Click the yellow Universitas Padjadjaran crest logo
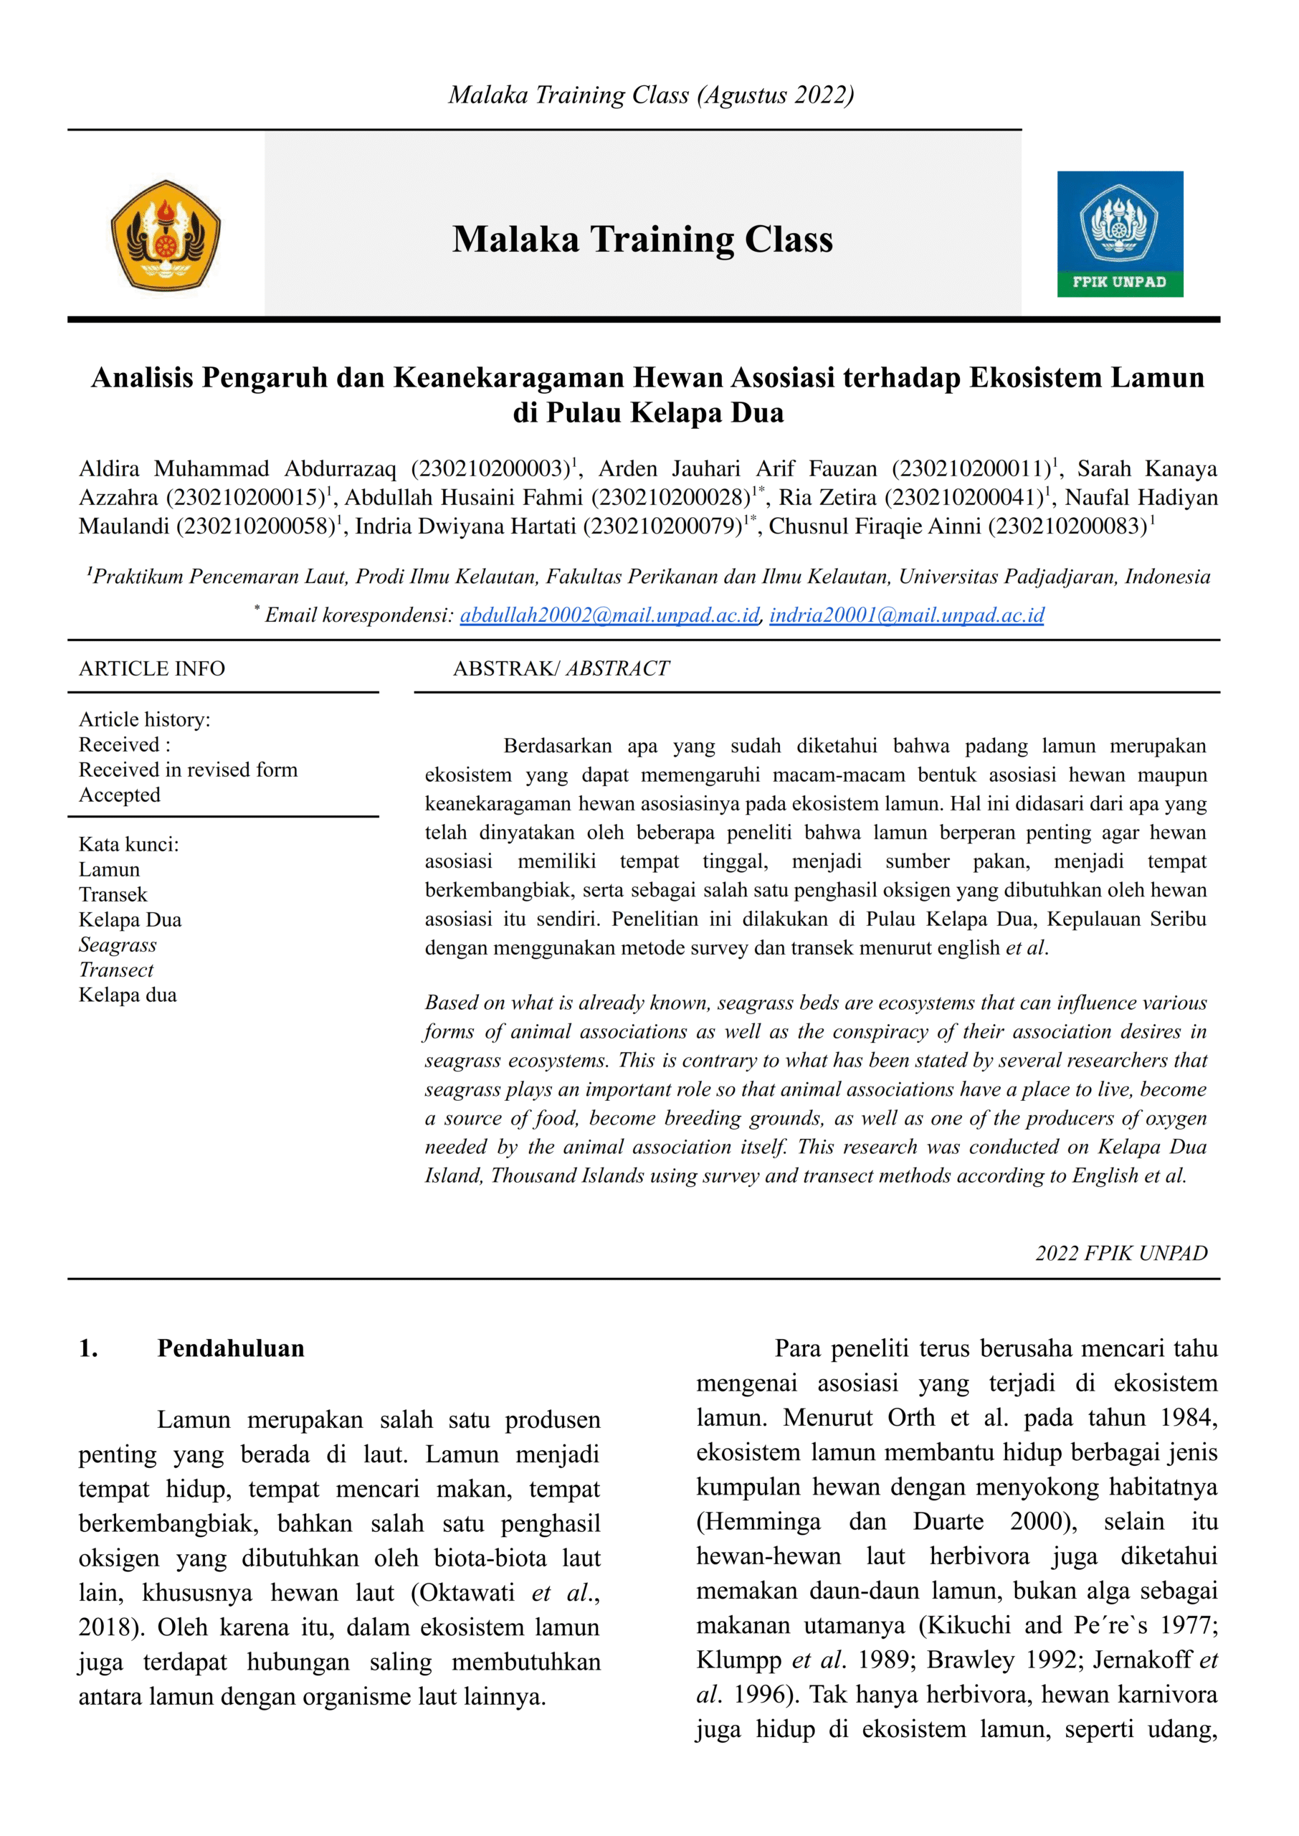coord(166,235)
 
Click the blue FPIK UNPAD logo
coord(1119,234)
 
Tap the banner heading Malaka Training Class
coord(642,240)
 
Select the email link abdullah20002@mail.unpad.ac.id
coord(609,615)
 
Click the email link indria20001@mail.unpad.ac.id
coord(906,615)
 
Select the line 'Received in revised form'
coord(188,770)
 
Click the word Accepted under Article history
coord(119,795)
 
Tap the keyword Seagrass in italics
coord(118,945)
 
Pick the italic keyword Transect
coord(116,970)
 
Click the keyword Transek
coord(113,894)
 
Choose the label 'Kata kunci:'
coord(129,844)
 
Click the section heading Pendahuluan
coord(230,1348)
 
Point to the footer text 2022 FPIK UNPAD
coord(1120,1253)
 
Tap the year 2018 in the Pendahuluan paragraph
coord(106,1627)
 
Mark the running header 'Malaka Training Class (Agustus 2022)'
coord(650,95)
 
